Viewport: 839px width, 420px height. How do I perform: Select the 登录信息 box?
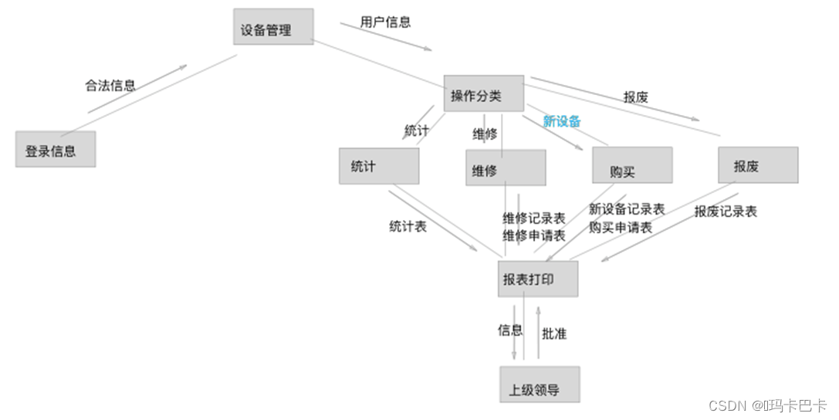[56, 149]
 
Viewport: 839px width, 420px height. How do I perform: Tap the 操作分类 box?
[484, 94]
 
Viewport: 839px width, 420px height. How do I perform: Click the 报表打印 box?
[538, 279]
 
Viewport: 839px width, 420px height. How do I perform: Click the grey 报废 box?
[758, 165]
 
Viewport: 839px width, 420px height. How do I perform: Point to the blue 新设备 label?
[562, 121]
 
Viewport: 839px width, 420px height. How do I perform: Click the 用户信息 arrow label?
[385, 22]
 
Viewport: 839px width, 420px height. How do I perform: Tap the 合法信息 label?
[110, 86]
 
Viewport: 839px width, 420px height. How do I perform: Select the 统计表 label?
[408, 227]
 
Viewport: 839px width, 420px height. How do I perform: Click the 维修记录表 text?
[534, 218]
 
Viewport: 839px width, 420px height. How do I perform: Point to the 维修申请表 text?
[534, 235]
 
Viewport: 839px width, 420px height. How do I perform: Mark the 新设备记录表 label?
[627, 209]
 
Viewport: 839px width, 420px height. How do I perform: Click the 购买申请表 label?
[621, 227]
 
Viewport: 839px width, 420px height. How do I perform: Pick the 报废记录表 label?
[726, 212]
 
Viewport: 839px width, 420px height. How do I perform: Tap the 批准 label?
[554, 334]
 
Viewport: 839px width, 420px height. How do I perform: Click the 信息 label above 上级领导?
[510, 330]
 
